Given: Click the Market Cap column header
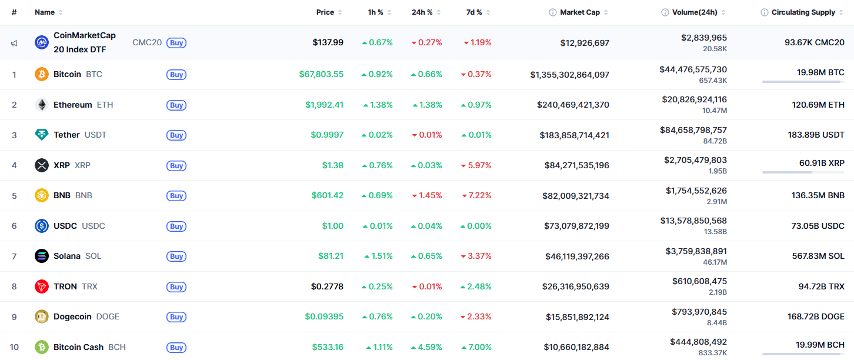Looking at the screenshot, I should coord(579,12).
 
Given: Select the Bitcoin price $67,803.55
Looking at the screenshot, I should coord(321,74).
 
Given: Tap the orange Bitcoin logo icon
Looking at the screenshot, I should coord(42,74).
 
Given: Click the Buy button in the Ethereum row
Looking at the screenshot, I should coord(176,105).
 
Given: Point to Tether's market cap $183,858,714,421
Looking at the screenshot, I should coord(574,135).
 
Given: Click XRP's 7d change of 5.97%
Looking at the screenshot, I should coord(479,165).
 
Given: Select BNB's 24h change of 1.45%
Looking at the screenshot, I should coord(429,195).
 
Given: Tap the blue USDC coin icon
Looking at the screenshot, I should coord(42,226).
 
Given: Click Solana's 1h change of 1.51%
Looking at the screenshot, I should coord(381,256).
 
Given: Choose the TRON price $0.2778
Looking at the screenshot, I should coord(327,286).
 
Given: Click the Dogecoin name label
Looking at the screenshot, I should coord(72,316).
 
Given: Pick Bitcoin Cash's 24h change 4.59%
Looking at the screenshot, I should coord(429,347).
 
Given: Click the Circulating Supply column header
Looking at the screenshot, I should coord(803,12).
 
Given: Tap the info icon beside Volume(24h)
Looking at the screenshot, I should coord(665,12).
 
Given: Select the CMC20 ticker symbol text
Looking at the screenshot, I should coord(147,42).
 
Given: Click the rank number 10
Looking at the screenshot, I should coord(14,347).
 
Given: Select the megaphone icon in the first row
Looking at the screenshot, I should coord(14,43).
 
